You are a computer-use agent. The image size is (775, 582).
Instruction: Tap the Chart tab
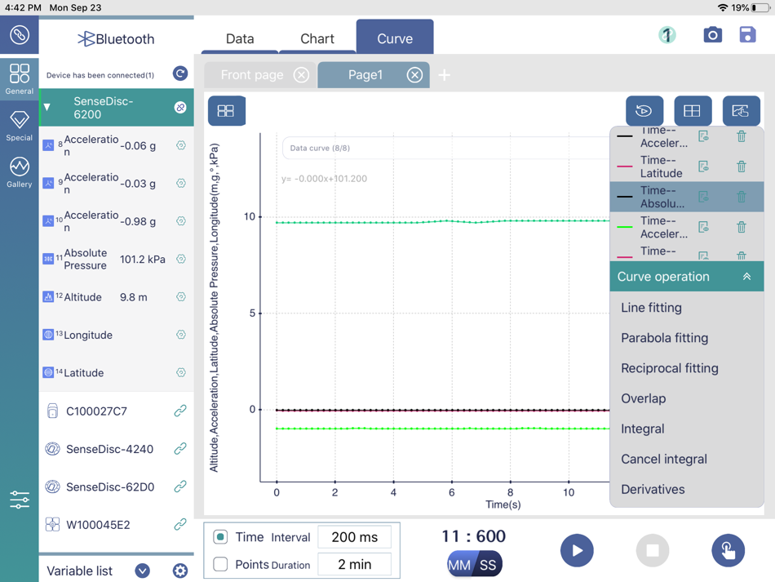[317, 38]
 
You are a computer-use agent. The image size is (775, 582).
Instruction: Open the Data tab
[240, 38]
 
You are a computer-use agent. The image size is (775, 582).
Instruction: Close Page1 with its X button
[414, 75]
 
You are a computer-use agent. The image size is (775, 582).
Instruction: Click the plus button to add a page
[445, 75]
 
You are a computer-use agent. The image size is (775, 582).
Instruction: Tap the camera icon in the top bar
[712, 35]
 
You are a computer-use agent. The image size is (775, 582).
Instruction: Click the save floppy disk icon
[747, 35]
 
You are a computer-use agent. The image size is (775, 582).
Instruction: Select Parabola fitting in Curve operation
[664, 338]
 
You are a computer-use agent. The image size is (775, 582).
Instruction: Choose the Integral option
[642, 429]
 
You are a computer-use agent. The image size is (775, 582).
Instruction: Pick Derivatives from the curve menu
[653, 489]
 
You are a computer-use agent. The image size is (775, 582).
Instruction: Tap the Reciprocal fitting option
[669, 368]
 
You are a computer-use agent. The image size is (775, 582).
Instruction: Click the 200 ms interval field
[354, 537]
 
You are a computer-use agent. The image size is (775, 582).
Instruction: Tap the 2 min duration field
[354, 563]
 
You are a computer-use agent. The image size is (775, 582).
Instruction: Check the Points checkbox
[220, 564]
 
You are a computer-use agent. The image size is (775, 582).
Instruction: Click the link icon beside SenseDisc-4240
[180, 449]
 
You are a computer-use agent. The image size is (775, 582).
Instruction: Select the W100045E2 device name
[97, 525]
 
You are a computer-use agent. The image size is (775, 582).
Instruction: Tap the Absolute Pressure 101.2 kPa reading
[142, 260]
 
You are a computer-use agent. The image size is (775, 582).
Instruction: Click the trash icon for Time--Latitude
[742, 167]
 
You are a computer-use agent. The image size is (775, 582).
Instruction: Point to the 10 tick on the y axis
[250, 216]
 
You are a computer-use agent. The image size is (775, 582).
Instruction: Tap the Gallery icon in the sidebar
[20, 172]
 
